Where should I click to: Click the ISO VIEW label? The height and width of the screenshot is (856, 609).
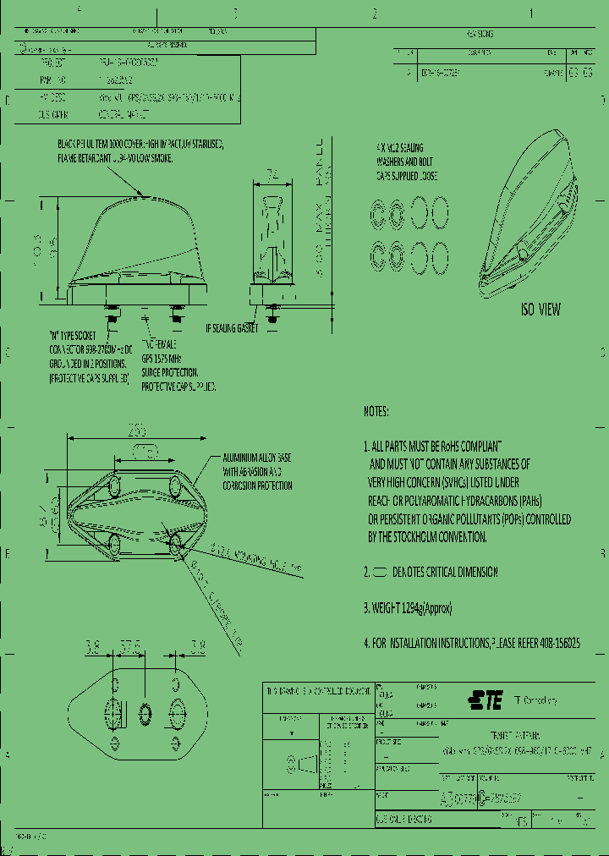click(x=540, y=310)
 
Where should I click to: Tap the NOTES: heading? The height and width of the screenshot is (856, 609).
click(x=376, y=411)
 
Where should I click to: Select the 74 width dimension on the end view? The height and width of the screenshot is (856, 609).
click(x=272, y=175)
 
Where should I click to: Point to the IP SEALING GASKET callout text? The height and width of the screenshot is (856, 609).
click(x=237, y=327)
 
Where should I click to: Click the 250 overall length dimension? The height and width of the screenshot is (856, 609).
click(x=136, y=431)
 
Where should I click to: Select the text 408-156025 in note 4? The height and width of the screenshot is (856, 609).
click(x=554, y=643)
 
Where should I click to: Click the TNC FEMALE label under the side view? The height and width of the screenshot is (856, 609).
click(x=158, y=344)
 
